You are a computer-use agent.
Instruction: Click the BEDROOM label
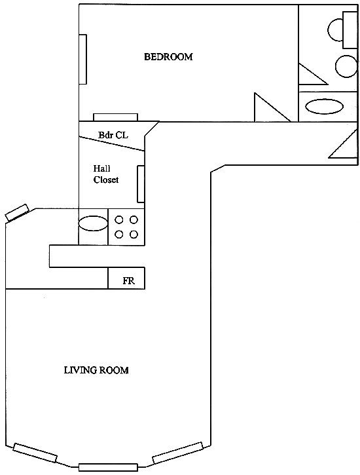(168, 56)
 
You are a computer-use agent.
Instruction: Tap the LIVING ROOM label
(96, 370)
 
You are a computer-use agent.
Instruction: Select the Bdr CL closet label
(113, 135)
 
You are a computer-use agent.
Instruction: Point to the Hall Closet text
(106, 174)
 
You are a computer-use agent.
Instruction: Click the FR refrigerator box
(126, 278)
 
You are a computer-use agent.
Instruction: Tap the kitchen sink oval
(93, 223)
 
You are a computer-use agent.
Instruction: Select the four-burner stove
(127, 227)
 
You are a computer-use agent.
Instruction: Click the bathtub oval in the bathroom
(324, 107)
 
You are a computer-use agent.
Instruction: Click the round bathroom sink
(346, 66)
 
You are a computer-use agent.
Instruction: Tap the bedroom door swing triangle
(272, 107)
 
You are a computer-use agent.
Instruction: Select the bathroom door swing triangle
(313, 74)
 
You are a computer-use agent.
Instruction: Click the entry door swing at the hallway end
(343, 143)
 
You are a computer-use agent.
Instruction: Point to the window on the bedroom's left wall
(83, 59)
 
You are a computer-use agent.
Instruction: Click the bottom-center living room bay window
(108, 467)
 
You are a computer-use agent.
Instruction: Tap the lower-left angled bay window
(35, 453)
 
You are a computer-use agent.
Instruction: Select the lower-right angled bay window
(177, 453)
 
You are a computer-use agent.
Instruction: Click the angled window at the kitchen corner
(17, 213)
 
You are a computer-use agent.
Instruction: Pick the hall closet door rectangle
(141, 184)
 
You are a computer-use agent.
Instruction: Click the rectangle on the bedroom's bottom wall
(115, 117)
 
